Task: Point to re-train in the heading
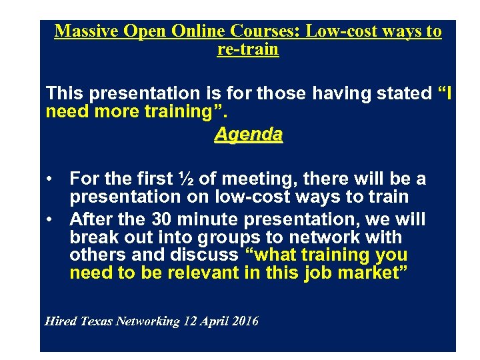[x=248, y=49]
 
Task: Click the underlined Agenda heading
[x=248, y=134]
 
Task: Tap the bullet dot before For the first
[x=50, y=179]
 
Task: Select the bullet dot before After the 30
[x=50, y=219]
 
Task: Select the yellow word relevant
[x=201, y=272]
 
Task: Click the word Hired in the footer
[x=61, y=321]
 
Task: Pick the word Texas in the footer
[x=97, y=321]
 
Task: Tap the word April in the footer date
[x=214, y=321]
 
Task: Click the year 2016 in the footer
[x=245, y=321]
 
